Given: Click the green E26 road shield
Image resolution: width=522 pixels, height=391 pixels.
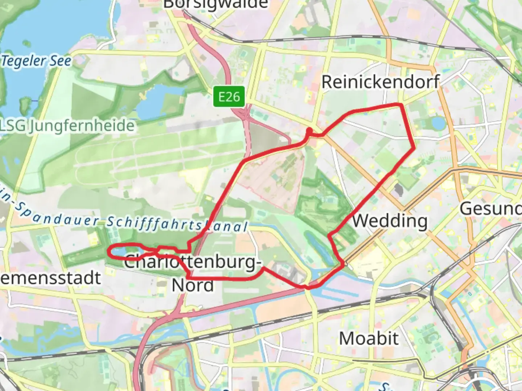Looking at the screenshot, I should [229, 97].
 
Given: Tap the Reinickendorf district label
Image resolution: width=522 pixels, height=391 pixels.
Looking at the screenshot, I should [380, 82].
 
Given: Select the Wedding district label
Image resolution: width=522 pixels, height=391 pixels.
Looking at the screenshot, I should [390, 220].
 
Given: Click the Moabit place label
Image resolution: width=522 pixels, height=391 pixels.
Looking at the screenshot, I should [369, 339].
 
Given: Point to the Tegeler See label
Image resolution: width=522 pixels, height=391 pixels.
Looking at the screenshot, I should [36, 61].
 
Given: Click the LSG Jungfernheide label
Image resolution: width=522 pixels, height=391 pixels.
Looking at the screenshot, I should [67, 126].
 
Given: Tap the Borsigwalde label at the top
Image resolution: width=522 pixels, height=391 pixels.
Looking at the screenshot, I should [215, 5].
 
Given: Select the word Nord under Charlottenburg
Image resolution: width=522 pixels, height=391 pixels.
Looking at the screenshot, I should [192, 285].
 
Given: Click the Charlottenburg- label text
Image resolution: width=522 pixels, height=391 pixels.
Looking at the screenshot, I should [192, 262].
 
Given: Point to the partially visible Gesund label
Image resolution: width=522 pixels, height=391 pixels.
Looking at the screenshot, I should [490, 209].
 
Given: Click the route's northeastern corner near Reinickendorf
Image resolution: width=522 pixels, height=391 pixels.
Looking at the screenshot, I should [401, 105].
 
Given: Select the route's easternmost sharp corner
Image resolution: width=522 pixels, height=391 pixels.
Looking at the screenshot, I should [414, 148].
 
